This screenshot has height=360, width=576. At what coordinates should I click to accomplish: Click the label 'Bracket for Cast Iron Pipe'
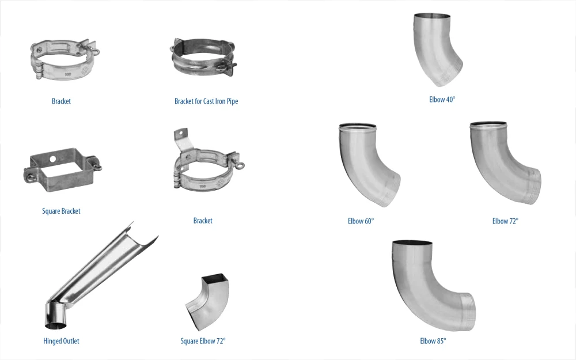tap(206, 101)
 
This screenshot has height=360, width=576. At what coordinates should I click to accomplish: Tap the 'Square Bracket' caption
tap(61, 211)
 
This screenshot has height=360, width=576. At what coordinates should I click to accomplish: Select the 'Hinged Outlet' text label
tap(61, 341)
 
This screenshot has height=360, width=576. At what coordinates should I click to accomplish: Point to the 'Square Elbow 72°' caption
tap(203, 341)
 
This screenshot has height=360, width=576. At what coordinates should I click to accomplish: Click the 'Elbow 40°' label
tap(442, 99)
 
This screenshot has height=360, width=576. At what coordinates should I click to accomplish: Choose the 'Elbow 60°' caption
tap(361, 221)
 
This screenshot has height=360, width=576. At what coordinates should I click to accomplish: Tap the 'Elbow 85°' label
tap(433, 341)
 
